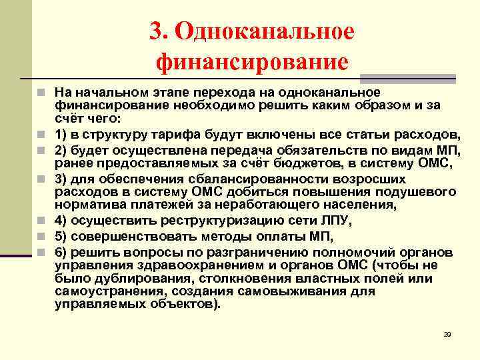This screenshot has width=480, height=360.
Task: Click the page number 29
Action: tap(447, 333)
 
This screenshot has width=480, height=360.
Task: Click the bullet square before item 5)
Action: tap(41, 237)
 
